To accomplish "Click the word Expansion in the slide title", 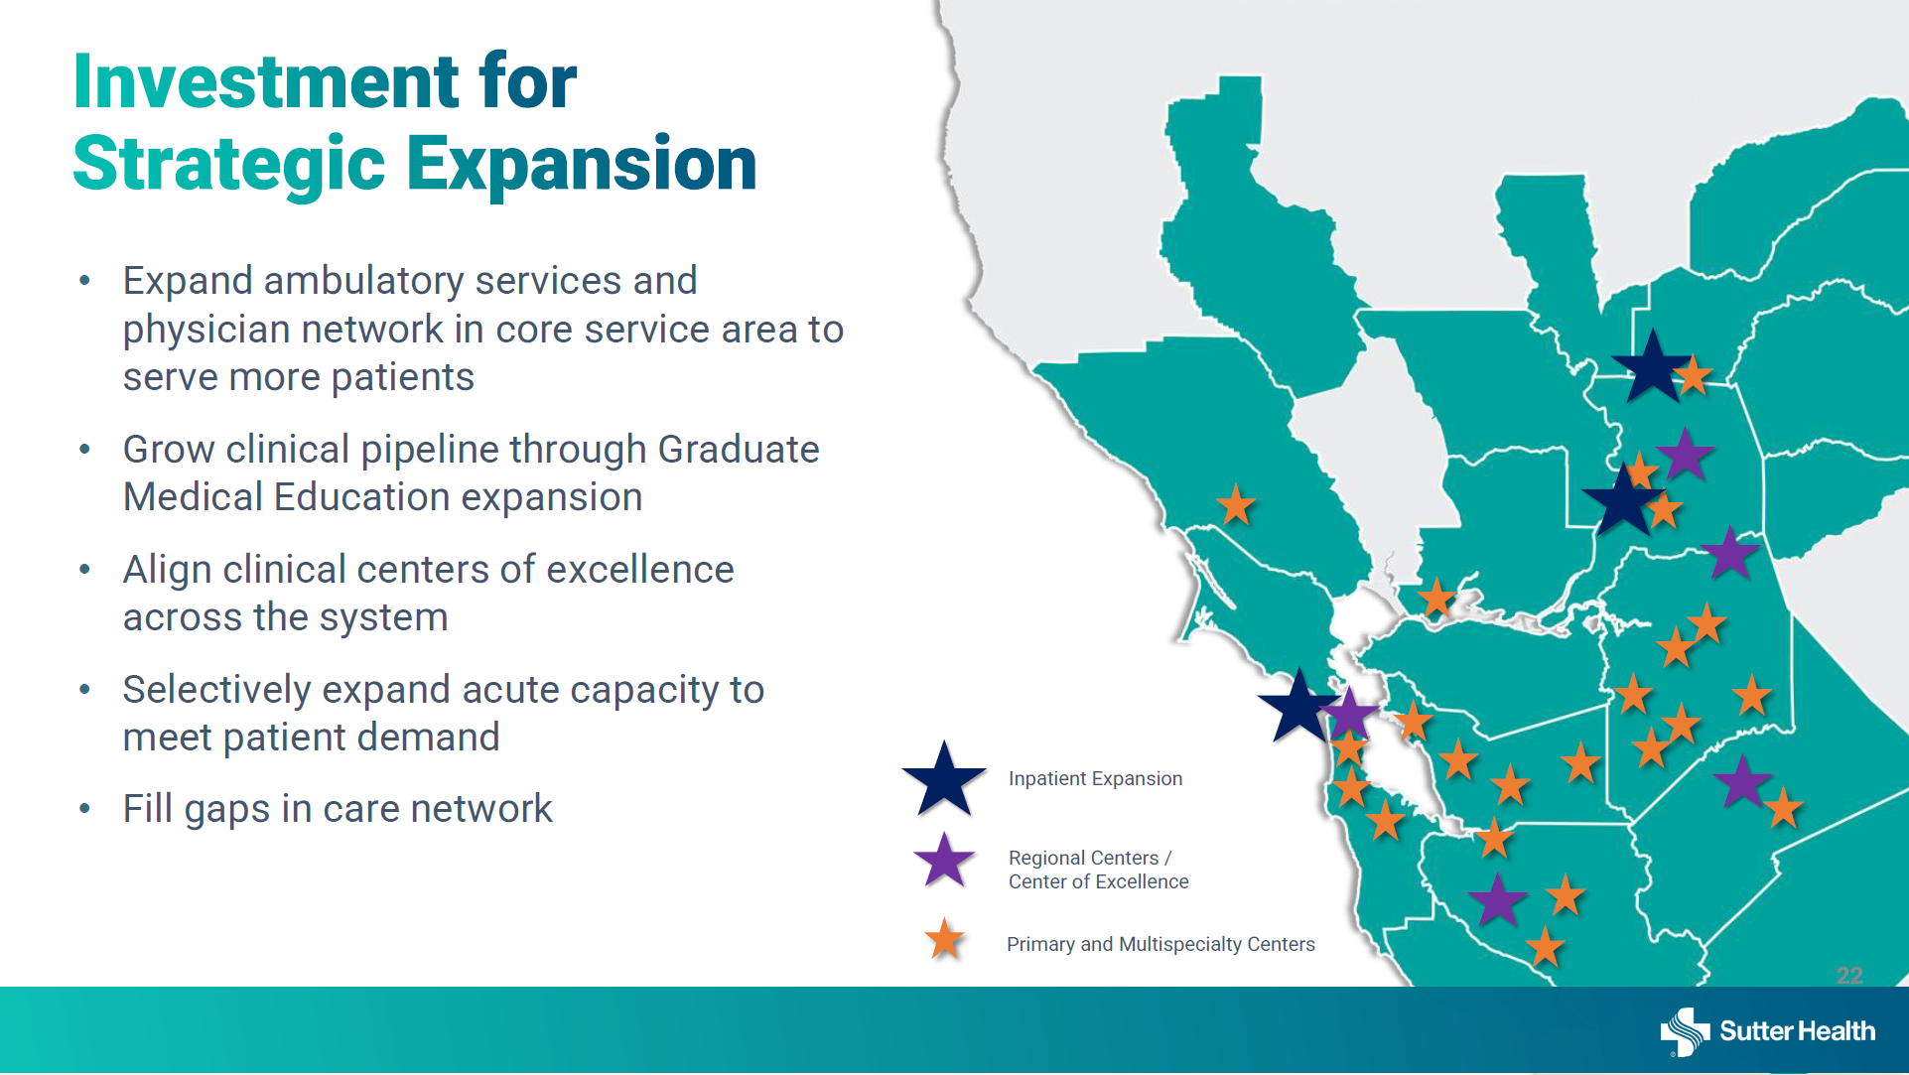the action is (582, 164).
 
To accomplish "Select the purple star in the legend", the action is (944, 861).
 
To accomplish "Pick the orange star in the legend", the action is (944, 939).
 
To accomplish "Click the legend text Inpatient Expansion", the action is (1095, 779).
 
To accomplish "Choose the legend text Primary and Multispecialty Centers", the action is (1160, 944).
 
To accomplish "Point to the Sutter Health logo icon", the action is (1685, 1032).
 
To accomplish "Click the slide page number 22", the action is (1849, 976).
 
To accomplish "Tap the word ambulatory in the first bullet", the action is (363, 282).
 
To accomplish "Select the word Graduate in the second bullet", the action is (739, 450).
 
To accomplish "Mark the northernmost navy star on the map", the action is (1652, 367).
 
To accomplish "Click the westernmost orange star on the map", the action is (1236, 505).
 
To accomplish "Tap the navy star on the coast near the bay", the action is (1298, 706).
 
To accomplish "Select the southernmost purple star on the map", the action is (1497, 900).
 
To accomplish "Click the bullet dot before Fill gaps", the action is (85, 809).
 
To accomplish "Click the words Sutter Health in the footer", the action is (1798, 1031).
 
